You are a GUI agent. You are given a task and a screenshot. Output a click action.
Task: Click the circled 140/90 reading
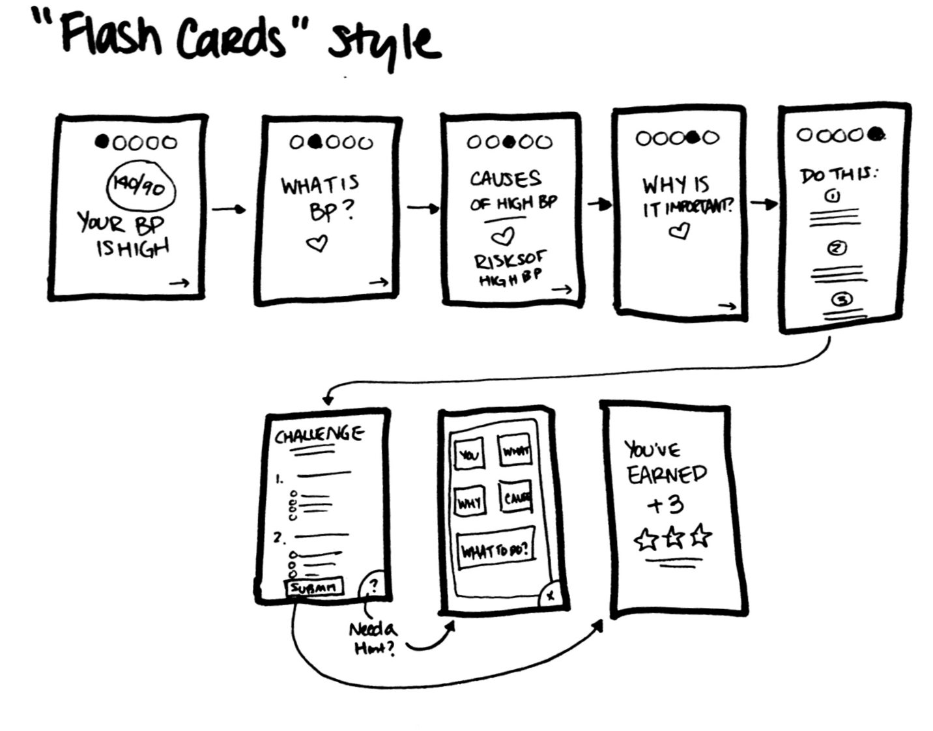(140, 187)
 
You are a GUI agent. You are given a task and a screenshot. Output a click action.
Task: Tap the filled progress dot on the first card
(102, 141)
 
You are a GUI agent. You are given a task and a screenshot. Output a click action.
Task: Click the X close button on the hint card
(551, 595)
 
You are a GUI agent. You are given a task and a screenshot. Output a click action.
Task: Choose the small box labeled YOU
(469, 455)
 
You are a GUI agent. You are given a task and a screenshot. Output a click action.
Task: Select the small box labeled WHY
(470, 503)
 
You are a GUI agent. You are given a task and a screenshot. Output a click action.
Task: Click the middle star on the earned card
(673, 538)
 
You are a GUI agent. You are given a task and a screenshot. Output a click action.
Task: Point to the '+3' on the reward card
(665, 505)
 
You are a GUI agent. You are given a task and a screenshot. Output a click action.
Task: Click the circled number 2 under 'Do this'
(837, 248)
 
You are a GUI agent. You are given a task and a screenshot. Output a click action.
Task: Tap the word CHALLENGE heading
(319, 435)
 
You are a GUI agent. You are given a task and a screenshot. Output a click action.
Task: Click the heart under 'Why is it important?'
(680, 231)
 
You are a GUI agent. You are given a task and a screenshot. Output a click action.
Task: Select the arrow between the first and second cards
(229, 209)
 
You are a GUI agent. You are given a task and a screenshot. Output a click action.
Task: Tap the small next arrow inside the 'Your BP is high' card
(179, 283)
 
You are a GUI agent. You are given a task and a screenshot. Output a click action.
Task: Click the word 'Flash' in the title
(111, 36)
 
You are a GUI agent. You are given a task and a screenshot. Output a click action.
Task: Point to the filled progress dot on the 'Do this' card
(877, 134)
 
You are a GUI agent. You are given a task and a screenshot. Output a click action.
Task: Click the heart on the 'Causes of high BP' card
(502, 236)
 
